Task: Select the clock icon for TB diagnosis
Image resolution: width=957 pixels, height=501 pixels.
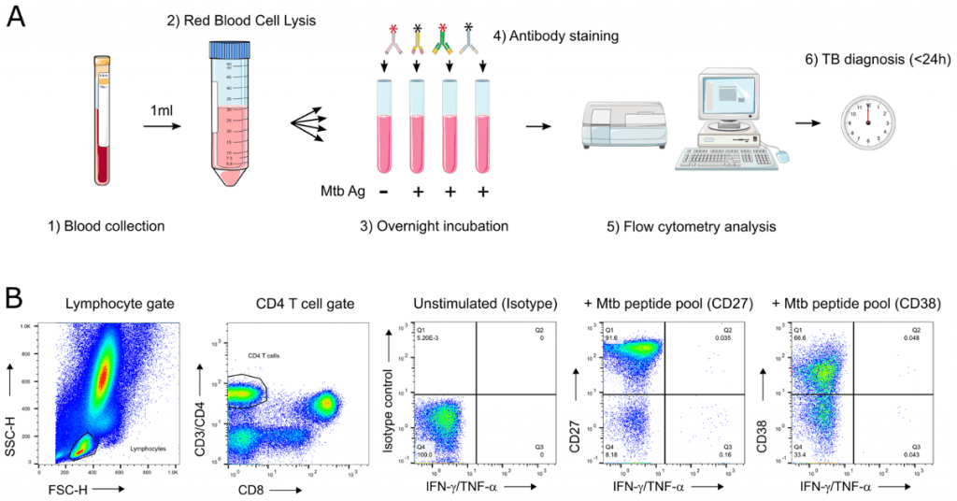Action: (x=866, y=122)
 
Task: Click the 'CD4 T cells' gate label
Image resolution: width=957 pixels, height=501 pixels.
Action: (x=264, y=356)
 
